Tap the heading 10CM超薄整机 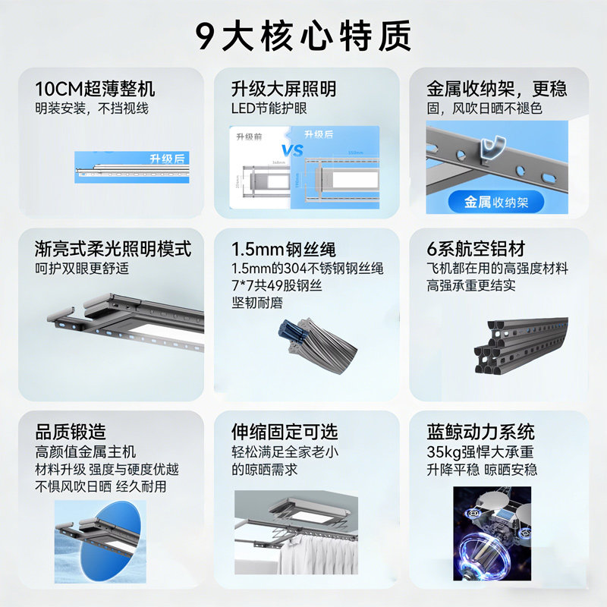coord(95,89)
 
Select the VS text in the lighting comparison coord(292,149)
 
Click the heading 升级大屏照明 coord(283,89)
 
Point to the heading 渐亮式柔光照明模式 coord(113,249)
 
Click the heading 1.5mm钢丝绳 coord(283,249)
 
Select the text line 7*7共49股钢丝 coord(278,285)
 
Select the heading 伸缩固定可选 coord(285,432)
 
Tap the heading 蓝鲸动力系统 coord(481,432)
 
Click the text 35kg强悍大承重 coord(480,453)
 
